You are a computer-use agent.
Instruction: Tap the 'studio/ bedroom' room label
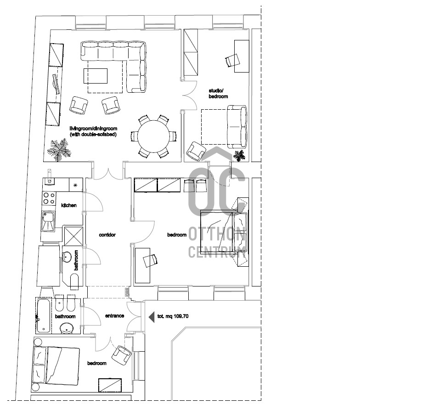tap(218, 94)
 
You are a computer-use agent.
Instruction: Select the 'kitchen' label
tap(68, 205)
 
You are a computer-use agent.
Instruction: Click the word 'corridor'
tap(107, 235)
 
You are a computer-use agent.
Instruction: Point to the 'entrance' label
tap(115, 316)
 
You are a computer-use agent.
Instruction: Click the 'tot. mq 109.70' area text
tap(173, 316)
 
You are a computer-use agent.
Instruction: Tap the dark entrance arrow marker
tap(152, 317)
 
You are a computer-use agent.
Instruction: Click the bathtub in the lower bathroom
tap(44, 315)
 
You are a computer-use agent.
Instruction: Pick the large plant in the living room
tap(59, 150)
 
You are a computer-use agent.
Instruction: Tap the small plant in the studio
tap(239, 156)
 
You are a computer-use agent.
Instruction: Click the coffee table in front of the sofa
tap(96, 76)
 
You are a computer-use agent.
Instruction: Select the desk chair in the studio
tap(232, 60)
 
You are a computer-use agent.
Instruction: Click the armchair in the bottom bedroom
tap(122, 355)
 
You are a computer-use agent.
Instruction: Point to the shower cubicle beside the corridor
tap(73, 236)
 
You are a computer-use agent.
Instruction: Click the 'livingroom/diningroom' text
tap(93, 129)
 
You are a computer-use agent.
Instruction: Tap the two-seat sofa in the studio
tap(237, 126)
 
